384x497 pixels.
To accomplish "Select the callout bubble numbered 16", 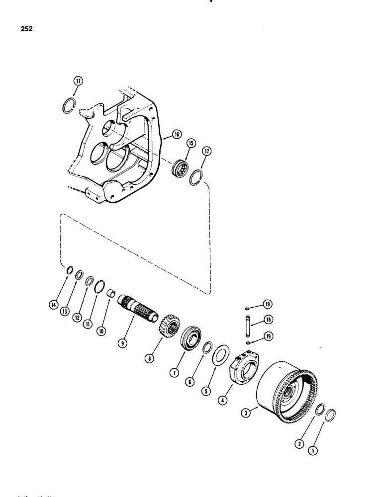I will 177,134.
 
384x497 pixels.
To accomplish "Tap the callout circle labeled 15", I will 191,144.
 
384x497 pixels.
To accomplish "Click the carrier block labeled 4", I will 246,368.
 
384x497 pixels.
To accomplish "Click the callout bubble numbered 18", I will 268,320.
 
